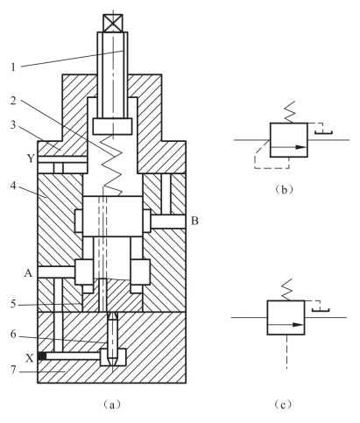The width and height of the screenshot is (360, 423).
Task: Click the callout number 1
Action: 13,67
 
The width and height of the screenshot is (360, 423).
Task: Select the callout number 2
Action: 13,101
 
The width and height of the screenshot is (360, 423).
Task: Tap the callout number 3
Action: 13,124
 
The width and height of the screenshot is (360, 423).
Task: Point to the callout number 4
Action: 13,186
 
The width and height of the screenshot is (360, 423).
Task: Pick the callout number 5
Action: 13,304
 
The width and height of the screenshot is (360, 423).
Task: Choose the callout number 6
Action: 13,335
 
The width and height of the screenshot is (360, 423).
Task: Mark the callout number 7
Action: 13,370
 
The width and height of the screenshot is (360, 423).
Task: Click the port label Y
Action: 31,159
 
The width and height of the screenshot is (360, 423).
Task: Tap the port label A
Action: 28,273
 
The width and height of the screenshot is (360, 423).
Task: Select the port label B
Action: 194,221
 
